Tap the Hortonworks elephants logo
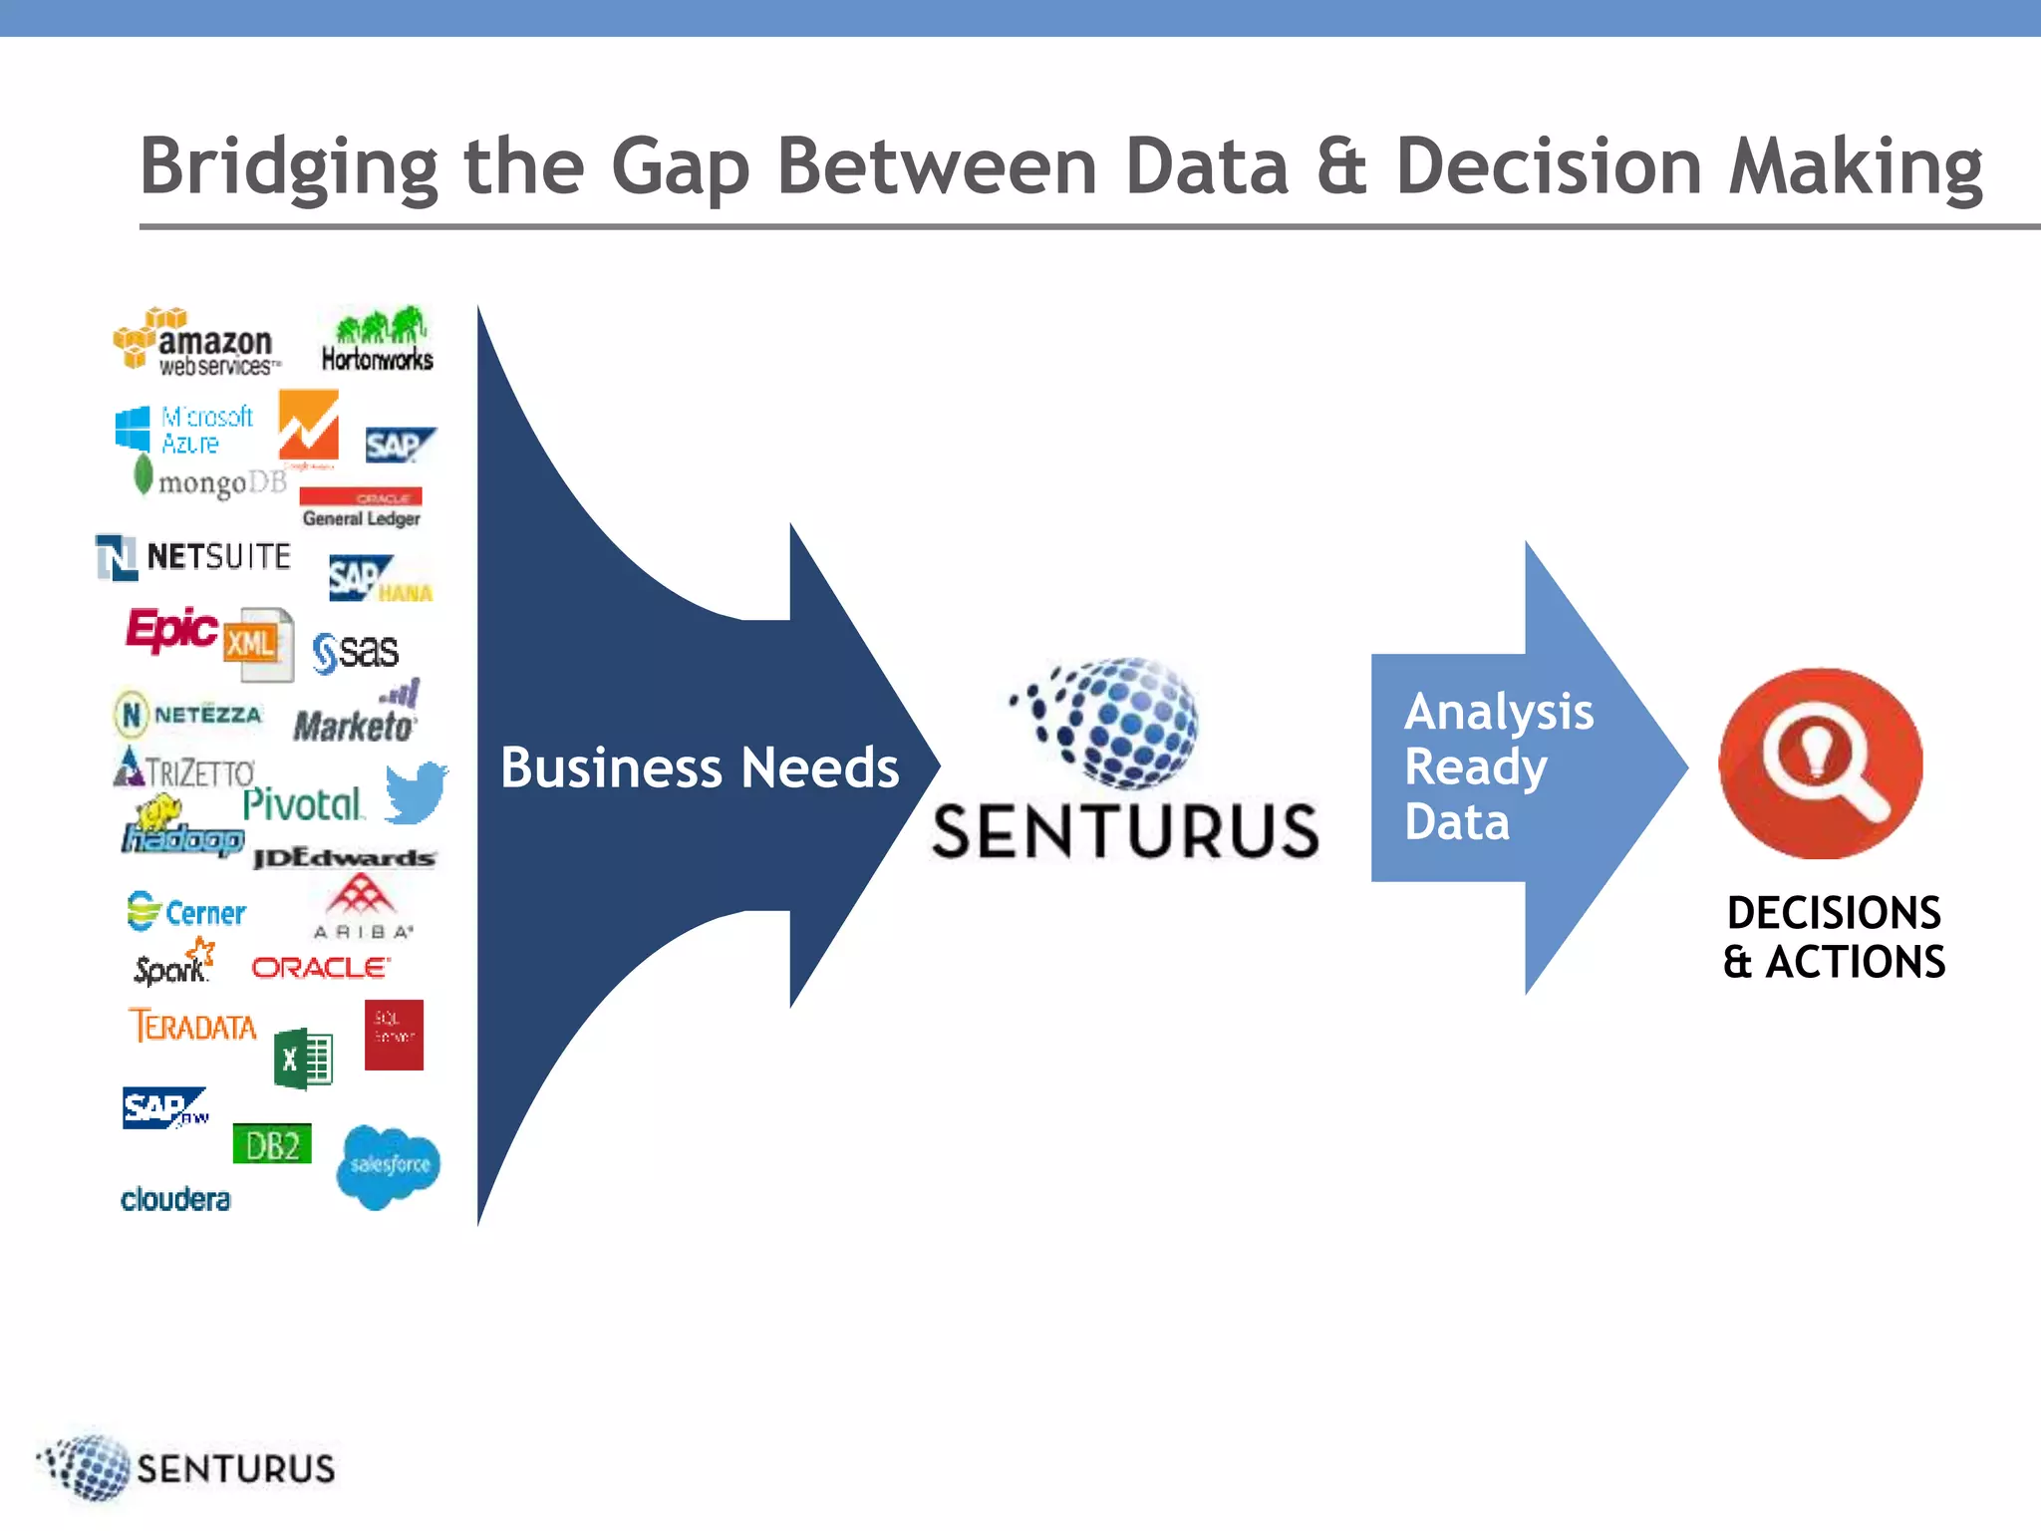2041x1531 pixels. (377, 341)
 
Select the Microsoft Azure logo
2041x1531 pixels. (184, 430)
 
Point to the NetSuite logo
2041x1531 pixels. (193, 556)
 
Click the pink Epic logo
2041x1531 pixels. (170, 629)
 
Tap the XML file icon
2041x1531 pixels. (258, 644)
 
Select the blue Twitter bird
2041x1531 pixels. (416, 792)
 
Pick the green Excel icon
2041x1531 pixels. (303, 1059)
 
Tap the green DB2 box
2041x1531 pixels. (271, 1144)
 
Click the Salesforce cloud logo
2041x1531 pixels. (389, 1165)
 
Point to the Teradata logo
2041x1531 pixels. (192, 1026)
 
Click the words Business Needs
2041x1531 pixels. (700, 767)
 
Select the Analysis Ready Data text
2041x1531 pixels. (1498, 766)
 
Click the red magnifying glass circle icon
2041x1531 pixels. (1820, 764)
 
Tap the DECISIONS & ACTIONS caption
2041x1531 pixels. (1834, 937)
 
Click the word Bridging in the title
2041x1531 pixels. (289, 166)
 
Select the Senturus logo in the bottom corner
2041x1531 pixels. (187, 1467)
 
